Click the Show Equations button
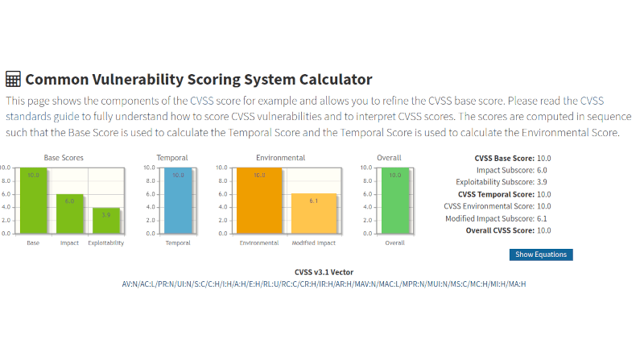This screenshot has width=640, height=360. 540,254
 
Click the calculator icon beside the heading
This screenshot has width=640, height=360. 13,79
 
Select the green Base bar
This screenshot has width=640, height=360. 33,201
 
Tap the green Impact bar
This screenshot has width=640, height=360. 69,214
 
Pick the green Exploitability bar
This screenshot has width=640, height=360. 105,221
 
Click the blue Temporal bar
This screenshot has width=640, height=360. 178,201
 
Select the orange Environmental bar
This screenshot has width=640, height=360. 259,201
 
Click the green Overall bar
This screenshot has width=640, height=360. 394,201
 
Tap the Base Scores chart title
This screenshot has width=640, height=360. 64,158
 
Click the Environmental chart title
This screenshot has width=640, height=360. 280,158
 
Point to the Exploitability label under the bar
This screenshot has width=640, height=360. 106,242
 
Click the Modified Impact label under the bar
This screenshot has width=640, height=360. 314,242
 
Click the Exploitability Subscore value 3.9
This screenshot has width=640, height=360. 543,182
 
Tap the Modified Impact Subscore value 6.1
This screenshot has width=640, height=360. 543,218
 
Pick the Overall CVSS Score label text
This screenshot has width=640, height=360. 499,230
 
